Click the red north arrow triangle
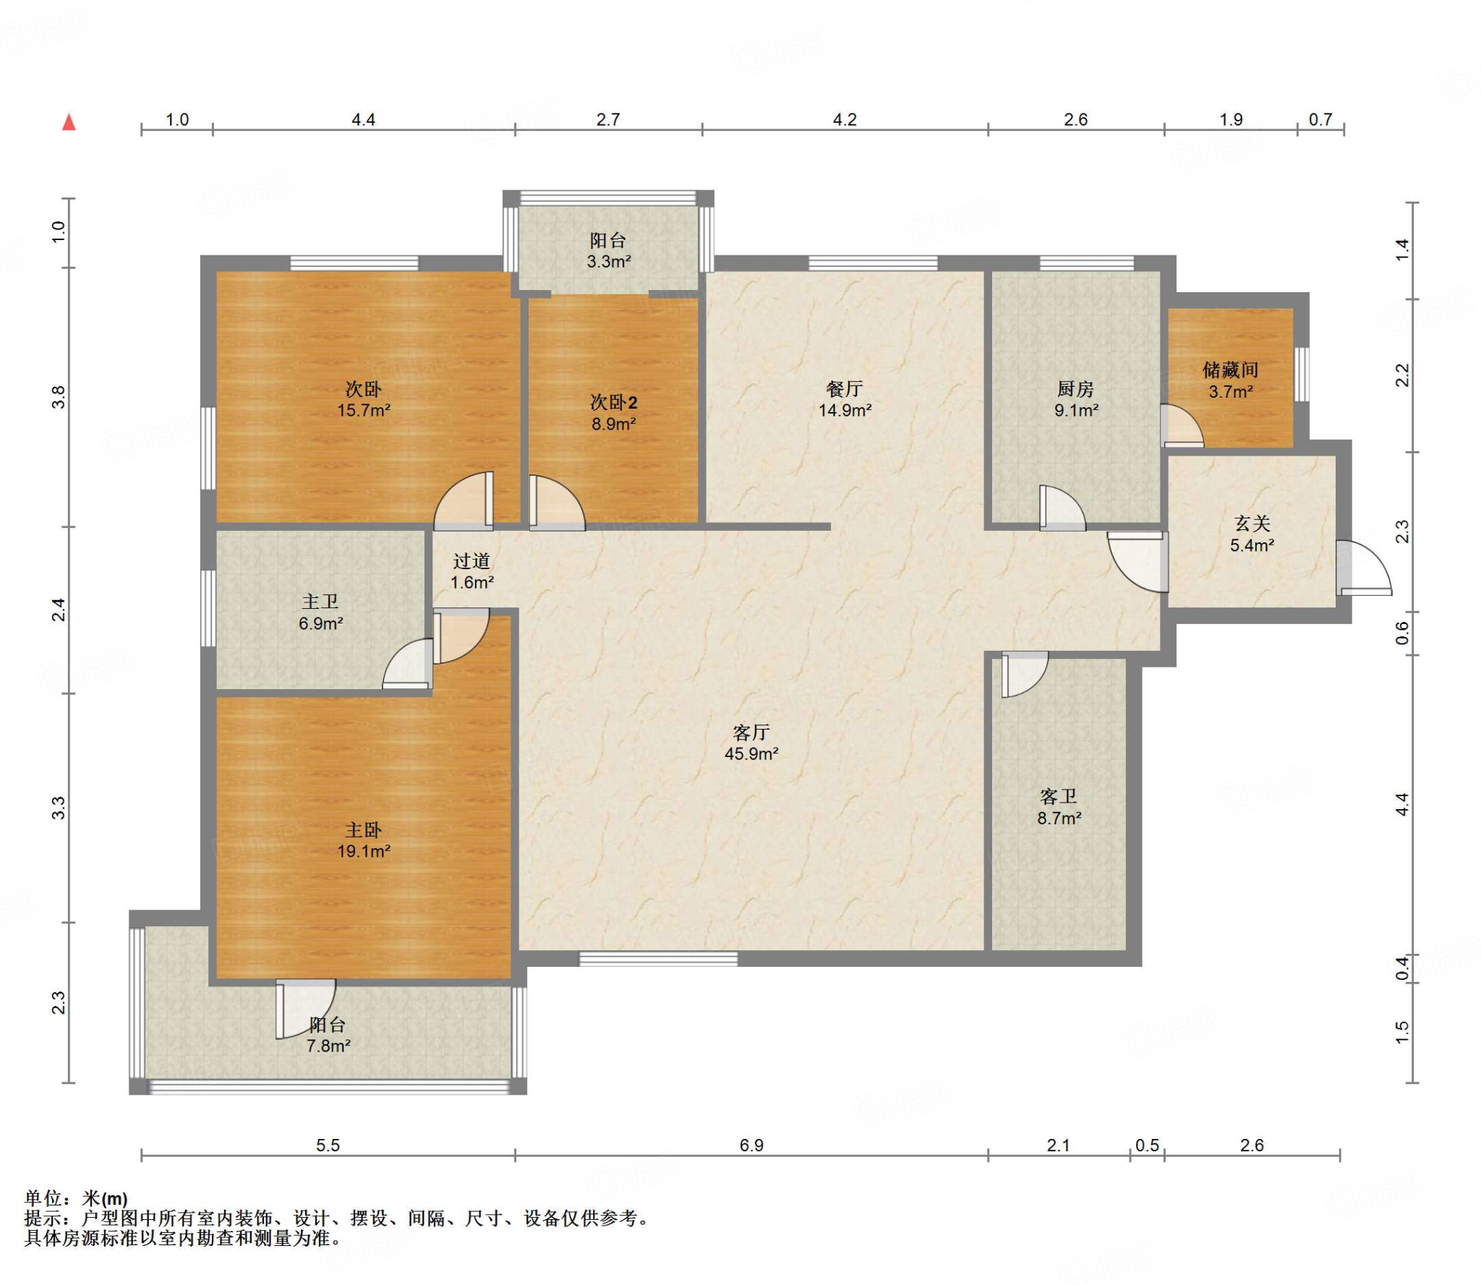pyautogui.click(x=69, y=122)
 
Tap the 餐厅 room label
pyautogui.click(x=845, y=389)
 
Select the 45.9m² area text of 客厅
pyautogui.click(x=751, y=754)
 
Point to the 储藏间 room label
pyautogui.click(x=1230, y=370)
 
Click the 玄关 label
pyautogui.click(x=1252, y=524)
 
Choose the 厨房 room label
pyautogui.click(x=1075, y=389)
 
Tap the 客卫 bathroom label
pyautogui.click(x=1059, y=797)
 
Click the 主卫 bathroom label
pyautogui.click(x=320, y=602)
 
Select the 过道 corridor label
pyautogui.click(x=471, y=561)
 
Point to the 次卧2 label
pyautogui.click(x=614, y=403)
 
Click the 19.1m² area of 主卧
pyautogui.click(x=364, y=851)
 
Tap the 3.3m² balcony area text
pyautogui.click(x=608, y=262)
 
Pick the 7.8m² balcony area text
pyautogui.click(x=328, y=1046)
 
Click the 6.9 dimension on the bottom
pyautogui.click(x=751, y=1145)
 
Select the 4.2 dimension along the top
pyautogui.click(x=845, y=119)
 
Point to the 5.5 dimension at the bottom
pyautogui.click(x=328, y=1145)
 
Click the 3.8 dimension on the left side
pyautogui.click(x=59, y=397)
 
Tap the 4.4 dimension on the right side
pyautogui.click(x=1402, y=804)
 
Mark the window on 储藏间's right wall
pyautogui.click(x=1302, y=375)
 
